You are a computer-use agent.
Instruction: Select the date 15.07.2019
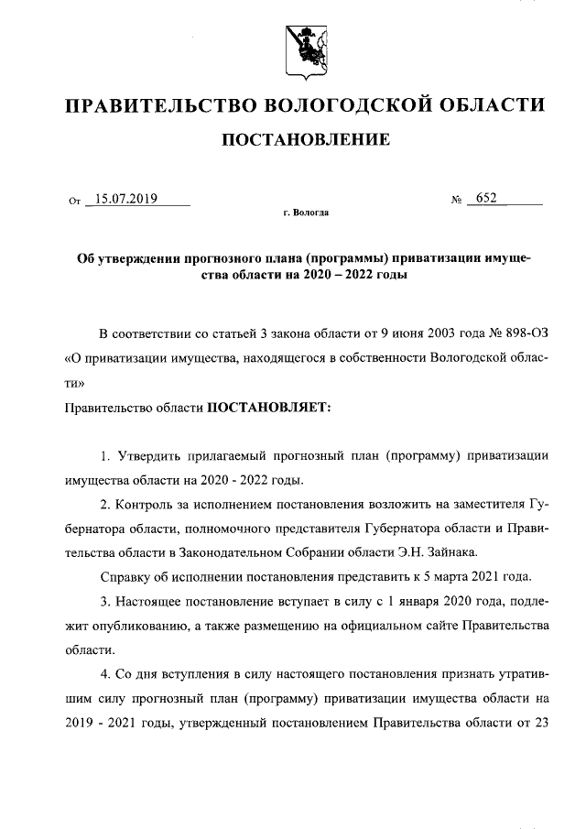point(128,198)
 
